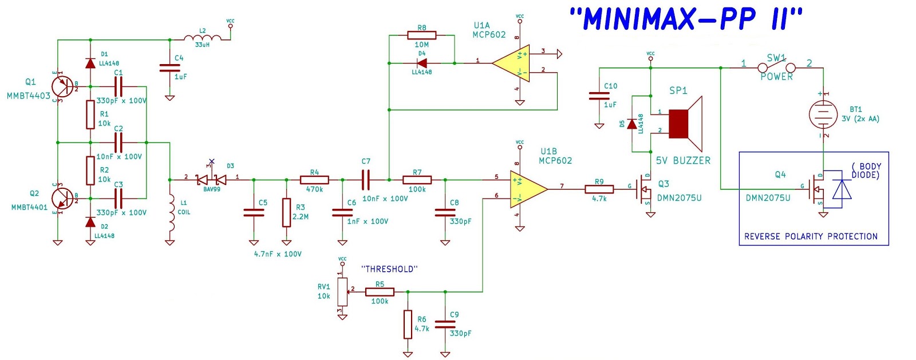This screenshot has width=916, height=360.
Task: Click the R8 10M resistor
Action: pyautogui.click(x=421, y=35)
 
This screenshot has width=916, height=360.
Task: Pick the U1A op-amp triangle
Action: pyautogui.click(x=511, y=63)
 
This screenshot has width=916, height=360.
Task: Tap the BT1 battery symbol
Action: pyautogui.click(x=823, y=114)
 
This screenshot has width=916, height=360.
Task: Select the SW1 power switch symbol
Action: pyautogui.click(x=776, y=68)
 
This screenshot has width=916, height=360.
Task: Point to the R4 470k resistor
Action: pyautogui.click(x=314, y=180)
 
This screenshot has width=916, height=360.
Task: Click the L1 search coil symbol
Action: pyautogui.click(x=170, y=215)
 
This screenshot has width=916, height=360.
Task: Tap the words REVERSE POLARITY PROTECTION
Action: pyautogui.click(x=810, y=236)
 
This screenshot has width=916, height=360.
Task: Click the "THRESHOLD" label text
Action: pyautogui.click(x=389, y=269)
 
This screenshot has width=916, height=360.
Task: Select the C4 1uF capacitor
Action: pyautogui.click(x=169, y=68)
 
